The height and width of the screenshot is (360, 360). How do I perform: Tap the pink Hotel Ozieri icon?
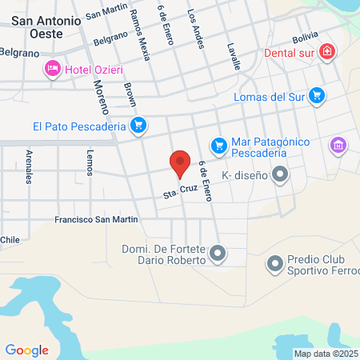pos(53,69)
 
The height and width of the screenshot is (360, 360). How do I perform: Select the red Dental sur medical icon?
pos(326,53)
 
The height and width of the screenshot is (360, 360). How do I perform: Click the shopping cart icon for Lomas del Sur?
pos(318,95)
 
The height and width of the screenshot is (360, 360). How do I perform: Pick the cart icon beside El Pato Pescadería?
pos(138,125)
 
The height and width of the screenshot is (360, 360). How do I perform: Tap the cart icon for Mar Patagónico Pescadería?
pos(218,146)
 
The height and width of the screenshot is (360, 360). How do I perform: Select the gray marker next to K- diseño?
pos(280,173)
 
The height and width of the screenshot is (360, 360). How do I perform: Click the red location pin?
pos(180,162)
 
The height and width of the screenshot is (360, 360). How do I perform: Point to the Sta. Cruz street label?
pos(180,192)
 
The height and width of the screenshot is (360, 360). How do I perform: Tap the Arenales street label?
pos(30,166)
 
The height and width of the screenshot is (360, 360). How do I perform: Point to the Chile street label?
pos(10,239)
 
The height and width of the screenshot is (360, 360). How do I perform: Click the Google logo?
pos(26,350)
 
